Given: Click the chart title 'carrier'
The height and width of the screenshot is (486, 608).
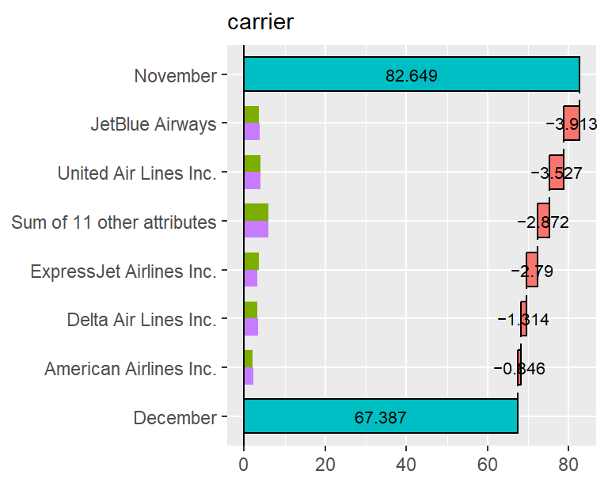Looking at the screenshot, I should point(260,22).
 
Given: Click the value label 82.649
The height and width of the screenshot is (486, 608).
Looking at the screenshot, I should point(412,76).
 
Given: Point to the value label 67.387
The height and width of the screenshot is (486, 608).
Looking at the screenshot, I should point(380,417).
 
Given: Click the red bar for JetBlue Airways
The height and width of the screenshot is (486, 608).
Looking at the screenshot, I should point(572,123).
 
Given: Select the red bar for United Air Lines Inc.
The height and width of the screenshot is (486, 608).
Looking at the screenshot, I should point(557,173).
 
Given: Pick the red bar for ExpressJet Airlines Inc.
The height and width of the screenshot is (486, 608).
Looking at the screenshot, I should point(532,271).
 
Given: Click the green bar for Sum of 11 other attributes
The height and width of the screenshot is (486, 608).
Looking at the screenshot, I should point(256,213).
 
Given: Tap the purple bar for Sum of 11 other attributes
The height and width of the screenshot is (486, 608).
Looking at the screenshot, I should point(256,230).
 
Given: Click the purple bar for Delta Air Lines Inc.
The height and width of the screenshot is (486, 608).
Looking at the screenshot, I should point(251,327).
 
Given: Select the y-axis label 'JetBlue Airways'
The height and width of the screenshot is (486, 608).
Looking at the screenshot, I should point(154,124).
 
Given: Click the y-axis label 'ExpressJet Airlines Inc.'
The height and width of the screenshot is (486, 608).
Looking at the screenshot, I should point(123,271).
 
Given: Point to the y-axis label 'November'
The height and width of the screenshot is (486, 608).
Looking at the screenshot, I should point(176,76).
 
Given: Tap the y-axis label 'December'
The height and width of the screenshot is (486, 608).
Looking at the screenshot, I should point(175,418).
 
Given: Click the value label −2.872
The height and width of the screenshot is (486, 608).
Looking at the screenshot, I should point(543,222).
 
